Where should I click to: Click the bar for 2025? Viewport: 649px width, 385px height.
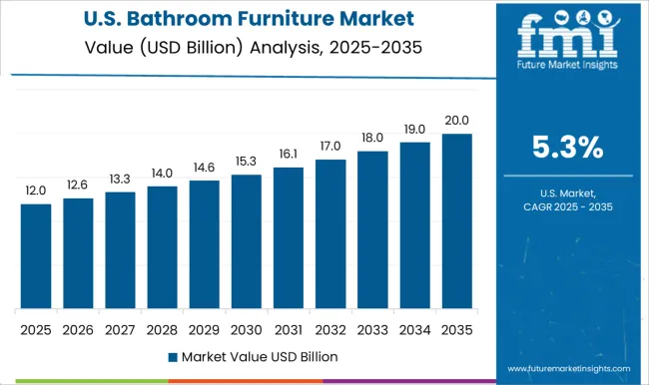tap(35, 256)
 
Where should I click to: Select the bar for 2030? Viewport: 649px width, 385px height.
tap(246, 242)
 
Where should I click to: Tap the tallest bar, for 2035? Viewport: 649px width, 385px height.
tap(456, 220)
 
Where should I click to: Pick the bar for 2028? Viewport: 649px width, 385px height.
tap(162, 247)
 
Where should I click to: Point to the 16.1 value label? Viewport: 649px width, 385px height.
tap(288, 155)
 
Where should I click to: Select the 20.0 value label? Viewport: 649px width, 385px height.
tap(456, 121)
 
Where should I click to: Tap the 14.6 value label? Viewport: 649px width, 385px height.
tap(204, 168)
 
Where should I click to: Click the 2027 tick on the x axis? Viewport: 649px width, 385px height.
tap(120, 328)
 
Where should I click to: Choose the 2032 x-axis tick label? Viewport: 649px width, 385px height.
tap(329, 328)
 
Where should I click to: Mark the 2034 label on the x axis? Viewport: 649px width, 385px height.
tap(414, 328)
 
